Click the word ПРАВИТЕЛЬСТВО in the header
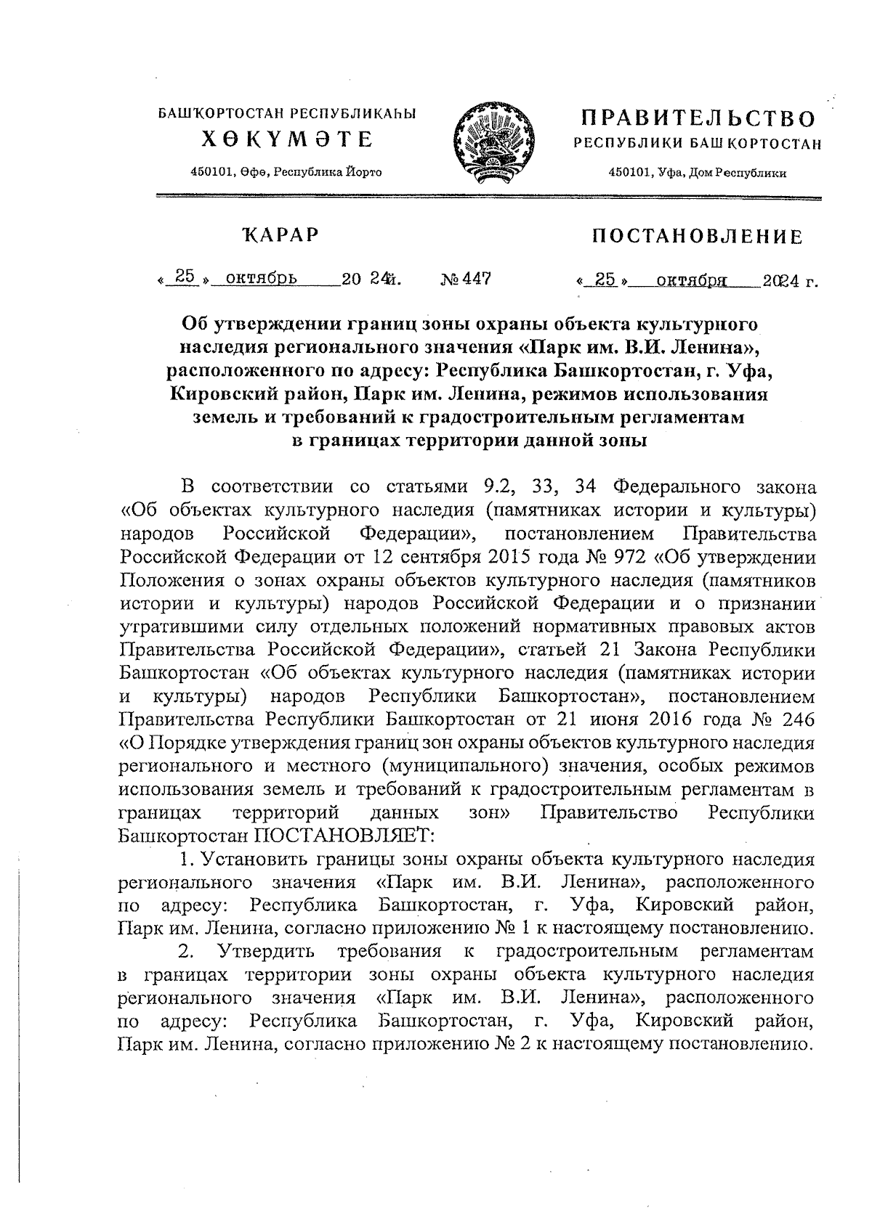coord(696,118)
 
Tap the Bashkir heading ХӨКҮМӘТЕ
coord(286,139)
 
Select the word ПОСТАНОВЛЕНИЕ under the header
coord(698,237)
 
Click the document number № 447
coord(466,279)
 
